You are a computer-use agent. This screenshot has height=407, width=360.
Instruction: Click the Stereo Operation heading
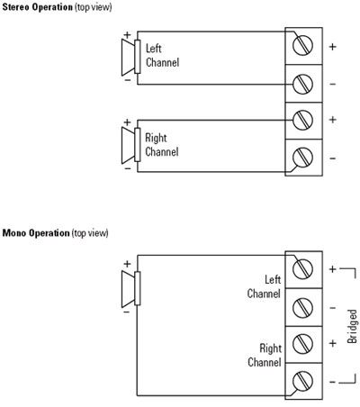click(57, 7)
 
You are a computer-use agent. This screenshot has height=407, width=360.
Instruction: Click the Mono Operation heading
click(55, 233)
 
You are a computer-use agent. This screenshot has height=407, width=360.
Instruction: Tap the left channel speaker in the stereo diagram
click(131, 57)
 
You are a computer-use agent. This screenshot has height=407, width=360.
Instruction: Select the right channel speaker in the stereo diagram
click(131, 145)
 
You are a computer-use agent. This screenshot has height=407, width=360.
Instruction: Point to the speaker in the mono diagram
click(131, 288)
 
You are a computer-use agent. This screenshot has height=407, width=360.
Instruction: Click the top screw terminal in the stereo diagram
click(302, 46)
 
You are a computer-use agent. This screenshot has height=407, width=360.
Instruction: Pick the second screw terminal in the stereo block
click(302, 84)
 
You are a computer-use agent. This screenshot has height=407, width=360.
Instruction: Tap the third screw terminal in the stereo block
click(302, 121)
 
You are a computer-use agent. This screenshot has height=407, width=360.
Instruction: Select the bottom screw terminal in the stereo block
click(302, 158)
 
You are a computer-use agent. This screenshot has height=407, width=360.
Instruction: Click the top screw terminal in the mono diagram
click(302, 269)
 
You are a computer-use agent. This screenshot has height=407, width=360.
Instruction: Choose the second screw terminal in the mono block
click(302, 308)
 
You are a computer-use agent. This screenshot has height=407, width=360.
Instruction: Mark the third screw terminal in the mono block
click(302, 344)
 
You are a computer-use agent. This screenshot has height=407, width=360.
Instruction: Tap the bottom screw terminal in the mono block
click(302, 381)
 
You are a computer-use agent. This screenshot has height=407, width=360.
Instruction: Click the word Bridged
click(352, 326)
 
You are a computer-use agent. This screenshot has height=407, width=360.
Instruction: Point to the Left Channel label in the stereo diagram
click(162, 56)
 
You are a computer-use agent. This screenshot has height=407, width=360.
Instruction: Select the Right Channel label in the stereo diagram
click(162, 145)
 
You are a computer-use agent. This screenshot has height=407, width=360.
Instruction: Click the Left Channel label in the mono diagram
click(264, 286)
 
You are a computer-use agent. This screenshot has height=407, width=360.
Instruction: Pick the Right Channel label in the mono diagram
click(265, 355)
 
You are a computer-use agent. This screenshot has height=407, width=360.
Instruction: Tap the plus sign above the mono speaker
click(127, 264)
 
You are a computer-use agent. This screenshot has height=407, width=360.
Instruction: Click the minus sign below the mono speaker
click(127, 312)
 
